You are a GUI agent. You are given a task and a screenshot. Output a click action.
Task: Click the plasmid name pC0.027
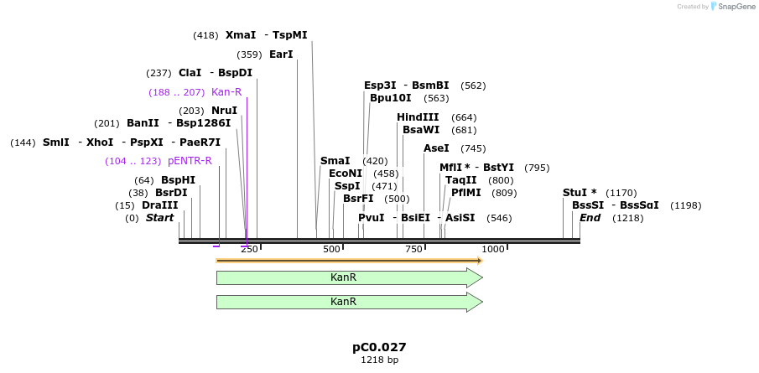point(379,347)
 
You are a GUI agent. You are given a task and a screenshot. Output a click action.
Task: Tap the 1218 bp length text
point(379,360)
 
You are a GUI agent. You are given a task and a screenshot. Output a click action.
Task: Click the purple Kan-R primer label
point(226,92)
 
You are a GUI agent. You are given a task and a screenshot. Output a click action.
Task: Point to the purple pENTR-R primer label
point(190,161)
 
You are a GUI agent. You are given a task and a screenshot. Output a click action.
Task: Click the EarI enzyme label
point(281,54)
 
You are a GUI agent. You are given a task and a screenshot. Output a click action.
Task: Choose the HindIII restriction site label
point(418,117)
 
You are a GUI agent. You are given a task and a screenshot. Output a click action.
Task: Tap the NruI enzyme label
point(224,111)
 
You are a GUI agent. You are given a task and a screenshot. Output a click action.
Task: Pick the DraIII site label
point(159,205)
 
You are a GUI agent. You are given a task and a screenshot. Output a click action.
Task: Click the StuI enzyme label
point(580,193)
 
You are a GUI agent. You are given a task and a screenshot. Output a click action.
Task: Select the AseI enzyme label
point(436,148)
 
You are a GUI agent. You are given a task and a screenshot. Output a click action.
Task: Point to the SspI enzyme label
point(347,186)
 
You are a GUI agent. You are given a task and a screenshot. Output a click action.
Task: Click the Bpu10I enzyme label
point(392,98)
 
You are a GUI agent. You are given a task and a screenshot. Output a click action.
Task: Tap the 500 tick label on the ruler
point(332,249)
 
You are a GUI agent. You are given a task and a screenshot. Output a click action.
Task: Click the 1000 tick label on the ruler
point(493,249)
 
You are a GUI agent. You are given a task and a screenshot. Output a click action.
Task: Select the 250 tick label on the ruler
point(249,249)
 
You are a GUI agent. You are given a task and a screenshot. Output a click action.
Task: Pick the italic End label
point(590,218)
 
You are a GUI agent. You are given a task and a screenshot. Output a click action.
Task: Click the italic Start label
point(159,218)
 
